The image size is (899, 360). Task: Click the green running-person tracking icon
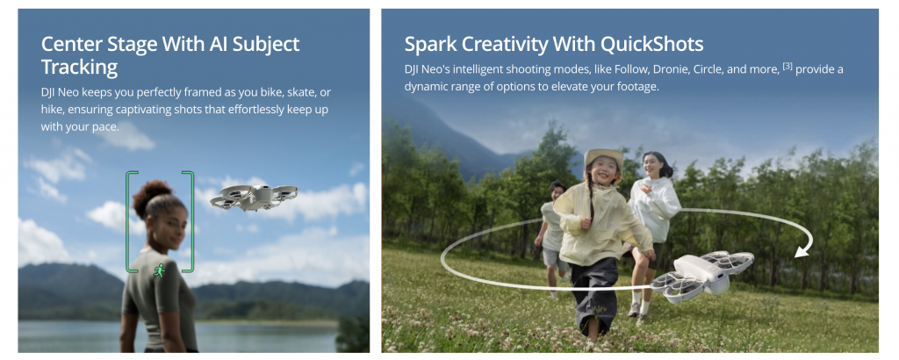[x=160, y=270]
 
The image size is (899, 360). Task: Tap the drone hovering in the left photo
[x=254, y=196]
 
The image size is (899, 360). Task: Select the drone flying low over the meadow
[x=701, y=276]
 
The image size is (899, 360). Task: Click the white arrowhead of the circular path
[x=802, y=250]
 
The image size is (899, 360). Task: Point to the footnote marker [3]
[x=788, y=67]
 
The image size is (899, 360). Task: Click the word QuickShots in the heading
[x=652, y=44]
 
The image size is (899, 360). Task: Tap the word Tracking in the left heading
[x=79, y=68]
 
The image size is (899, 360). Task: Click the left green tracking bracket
[x=131, y=221]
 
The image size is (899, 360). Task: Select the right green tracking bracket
[x=189, y=221]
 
